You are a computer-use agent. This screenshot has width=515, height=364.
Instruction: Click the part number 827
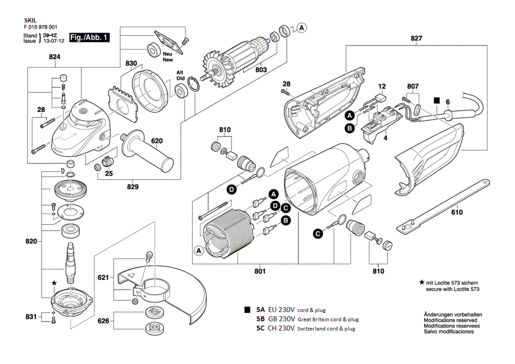[x=416, y=38]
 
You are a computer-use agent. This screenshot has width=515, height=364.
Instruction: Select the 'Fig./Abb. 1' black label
[x=89, y=37]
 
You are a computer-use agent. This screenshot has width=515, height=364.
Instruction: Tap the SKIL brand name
[x=30, y=20]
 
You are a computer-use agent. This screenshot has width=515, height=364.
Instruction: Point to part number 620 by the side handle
[x=157, y=141]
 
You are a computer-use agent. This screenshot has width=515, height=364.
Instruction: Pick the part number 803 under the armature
[x=261, y=70]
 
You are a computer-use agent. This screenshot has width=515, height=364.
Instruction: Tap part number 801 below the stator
[x=260, y=271]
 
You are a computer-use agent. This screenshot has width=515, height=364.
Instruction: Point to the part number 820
[x=31, y=241]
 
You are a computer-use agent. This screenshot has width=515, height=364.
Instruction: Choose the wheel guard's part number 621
[x=103, y=278]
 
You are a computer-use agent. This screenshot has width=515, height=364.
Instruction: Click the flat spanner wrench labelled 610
[x=444, y=205]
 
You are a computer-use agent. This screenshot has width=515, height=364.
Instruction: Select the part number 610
[x=457, y=212]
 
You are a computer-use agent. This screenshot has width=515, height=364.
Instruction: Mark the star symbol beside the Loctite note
[x=422, y=282]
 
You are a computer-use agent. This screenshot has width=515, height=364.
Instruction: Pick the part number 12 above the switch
[x=382, y=86]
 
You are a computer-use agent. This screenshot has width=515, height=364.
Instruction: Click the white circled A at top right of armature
[x=302, y=28]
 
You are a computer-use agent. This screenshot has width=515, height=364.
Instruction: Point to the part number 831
[x=31, y=317]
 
